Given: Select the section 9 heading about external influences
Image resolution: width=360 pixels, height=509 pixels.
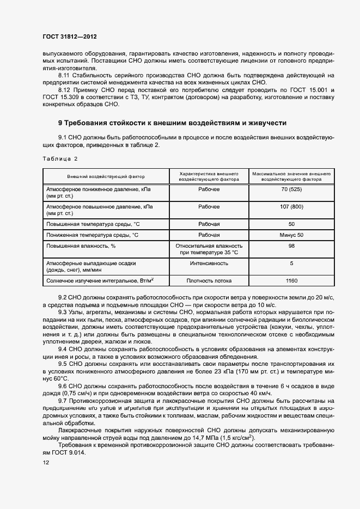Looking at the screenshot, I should [172, 123].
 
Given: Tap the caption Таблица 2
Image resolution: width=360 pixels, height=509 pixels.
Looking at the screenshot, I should [60, 158].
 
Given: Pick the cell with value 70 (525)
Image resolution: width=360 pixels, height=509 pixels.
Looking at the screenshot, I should [291, 190].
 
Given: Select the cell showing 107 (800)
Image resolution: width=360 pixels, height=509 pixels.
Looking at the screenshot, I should [291, 207].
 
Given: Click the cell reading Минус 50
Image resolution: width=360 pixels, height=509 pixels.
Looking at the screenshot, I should [291, 235].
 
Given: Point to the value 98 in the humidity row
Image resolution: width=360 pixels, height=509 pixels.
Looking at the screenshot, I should [291, 246].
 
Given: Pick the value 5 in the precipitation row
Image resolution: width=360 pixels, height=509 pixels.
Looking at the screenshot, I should [291, 263].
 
